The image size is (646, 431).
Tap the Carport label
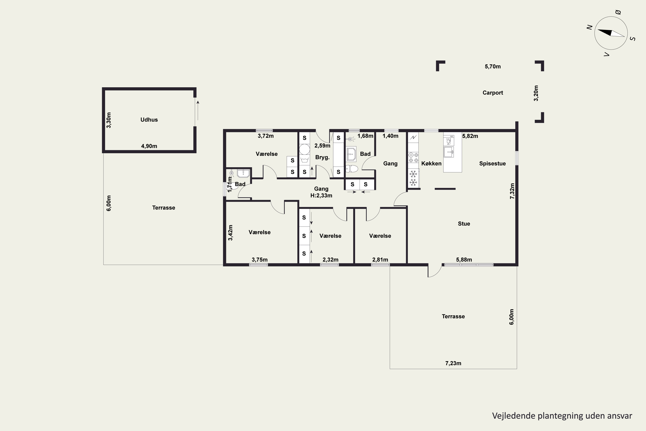493,93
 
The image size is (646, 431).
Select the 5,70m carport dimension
493,67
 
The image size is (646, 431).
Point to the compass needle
611,33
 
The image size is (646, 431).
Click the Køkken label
431,164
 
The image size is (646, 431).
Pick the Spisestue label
492,164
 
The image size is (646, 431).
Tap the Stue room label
464,224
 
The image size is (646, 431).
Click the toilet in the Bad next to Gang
352,169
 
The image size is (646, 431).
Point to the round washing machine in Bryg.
304,150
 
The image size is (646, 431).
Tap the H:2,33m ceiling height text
321,196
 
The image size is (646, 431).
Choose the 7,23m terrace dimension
453,363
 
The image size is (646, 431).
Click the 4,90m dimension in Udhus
149,146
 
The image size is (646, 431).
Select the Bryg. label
322,158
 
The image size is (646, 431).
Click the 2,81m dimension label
380,260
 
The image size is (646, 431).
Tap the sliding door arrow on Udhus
198,111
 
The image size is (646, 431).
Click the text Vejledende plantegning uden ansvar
562,416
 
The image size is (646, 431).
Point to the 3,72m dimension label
266,136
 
